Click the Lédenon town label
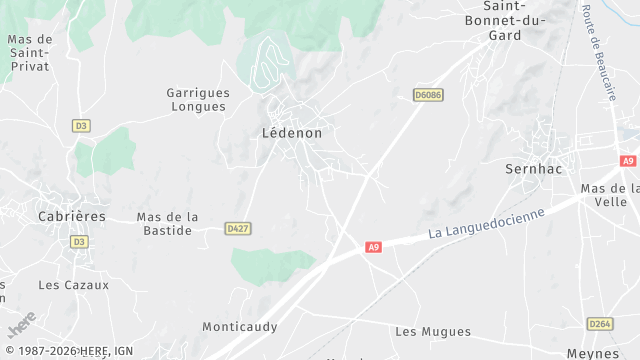click(x=291, y=132)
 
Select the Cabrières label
click(x=71, y=216)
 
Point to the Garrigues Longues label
click(x=199, y=99)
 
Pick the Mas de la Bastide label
click(x=167, y=223)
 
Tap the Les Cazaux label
click(x=73, y=285)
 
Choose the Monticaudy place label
click(x=239, y=327)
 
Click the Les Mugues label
click(x=433, y=331)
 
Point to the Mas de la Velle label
click(x=610, y=195)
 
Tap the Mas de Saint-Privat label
click(x=29, y=53)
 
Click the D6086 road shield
click(x=427, y=95)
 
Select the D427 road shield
click(x=237, y=228)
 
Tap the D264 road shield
click(x=600, y=324)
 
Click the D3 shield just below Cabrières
click(x=79, y=242)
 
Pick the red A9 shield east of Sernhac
click(x=628, y=161)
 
